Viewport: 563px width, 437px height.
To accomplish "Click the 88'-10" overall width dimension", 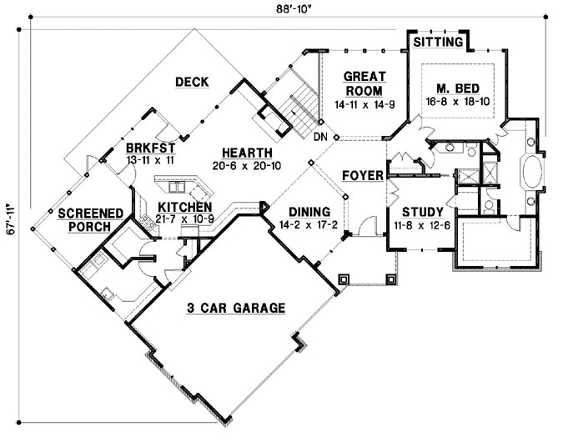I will pos(281,9).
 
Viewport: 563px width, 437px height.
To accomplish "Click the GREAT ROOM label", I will pos(363,83).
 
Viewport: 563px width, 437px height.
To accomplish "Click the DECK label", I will pos(191,82).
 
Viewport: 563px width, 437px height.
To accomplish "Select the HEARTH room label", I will pos(246,153).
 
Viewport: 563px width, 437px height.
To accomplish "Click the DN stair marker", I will pos(320,137).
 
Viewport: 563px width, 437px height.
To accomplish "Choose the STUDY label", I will pos(415,212).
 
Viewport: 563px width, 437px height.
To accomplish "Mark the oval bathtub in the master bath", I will pos(531,175).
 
